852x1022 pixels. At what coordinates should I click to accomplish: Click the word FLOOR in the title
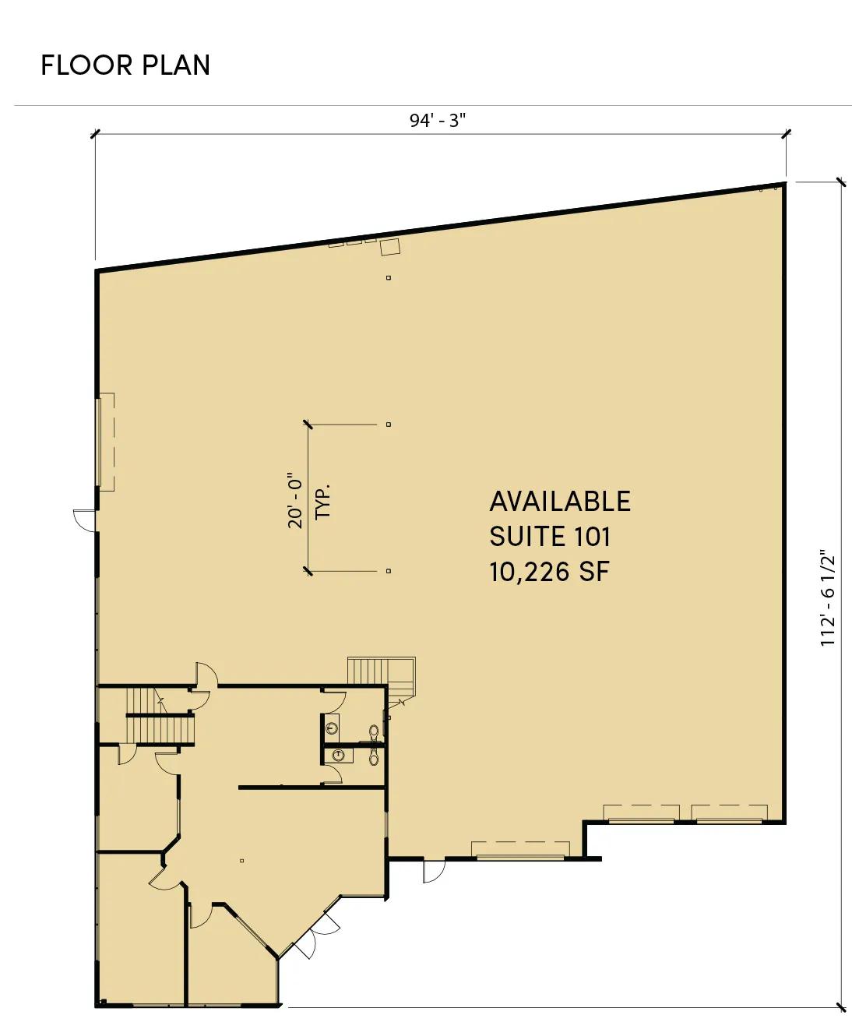86,65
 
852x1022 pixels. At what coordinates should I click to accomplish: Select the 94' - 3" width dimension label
437,121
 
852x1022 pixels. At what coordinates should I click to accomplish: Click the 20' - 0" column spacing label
295,500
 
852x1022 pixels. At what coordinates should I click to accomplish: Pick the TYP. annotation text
322,502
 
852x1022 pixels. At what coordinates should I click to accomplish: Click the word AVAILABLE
560,502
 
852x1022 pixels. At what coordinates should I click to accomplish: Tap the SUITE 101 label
550,537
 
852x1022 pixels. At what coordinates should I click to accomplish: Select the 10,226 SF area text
549,571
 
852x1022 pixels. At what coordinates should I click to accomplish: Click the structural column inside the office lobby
241,861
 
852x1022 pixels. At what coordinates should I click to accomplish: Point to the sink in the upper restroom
333,728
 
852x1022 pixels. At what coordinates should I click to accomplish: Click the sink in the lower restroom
339,756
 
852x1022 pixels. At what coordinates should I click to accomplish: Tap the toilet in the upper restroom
374,731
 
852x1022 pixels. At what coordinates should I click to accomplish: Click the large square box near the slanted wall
390,247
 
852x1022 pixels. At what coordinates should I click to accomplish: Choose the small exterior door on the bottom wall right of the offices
434,871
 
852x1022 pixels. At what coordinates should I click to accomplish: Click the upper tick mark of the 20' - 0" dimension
308,424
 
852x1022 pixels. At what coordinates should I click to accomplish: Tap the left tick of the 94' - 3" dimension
96,134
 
